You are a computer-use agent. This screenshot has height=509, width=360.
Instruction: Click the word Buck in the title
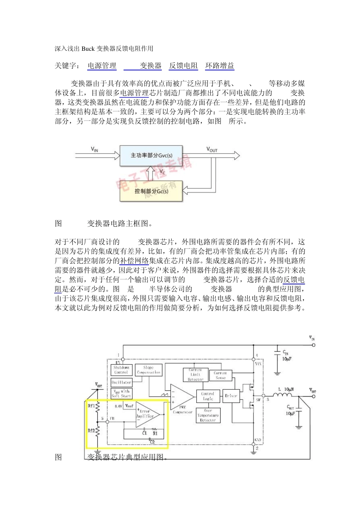click(88, 48)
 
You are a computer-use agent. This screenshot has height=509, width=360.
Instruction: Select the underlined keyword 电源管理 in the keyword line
click(102, 66)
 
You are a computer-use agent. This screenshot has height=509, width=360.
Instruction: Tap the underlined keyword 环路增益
click(220, 66)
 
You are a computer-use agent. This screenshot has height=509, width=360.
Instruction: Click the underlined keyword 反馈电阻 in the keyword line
click(183, 66)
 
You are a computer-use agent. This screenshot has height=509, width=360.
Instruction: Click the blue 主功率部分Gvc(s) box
click(151, 156)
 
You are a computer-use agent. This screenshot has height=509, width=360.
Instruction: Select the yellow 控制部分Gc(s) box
click(151, 191)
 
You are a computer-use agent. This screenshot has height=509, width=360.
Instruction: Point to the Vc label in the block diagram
click(162, 172)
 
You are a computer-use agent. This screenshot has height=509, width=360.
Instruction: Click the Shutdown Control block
click(121, 370)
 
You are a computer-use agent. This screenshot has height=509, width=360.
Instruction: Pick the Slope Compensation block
click(149, 370)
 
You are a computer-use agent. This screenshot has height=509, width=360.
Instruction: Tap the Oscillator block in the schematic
click(121, 382)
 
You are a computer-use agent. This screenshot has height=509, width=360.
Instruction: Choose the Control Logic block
click(208, 396)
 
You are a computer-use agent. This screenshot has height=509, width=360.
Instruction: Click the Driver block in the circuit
click(231, 396)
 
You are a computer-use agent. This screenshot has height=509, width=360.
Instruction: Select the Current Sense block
click(220, 375)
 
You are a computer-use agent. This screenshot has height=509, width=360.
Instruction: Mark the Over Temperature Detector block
click(208, 415)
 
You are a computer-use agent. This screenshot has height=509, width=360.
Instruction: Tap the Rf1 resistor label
click(91, 406)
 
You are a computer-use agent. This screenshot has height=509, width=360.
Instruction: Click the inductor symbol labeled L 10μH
click(282, 396)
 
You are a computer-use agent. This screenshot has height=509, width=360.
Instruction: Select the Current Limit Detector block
click(196, 375)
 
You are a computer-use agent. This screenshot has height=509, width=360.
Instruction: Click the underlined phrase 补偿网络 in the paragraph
click(134, 261)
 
